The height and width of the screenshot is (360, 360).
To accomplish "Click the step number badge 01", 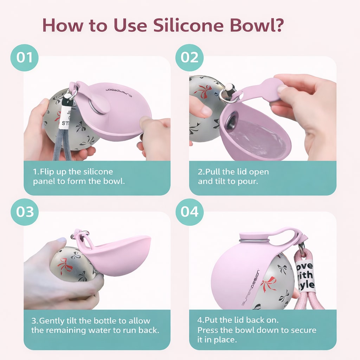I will pos(24,57).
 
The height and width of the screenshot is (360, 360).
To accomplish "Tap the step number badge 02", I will pos(189,57).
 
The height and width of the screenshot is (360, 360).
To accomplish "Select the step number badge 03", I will pos(24,212).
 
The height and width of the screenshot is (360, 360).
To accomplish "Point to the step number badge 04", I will pos(189,212).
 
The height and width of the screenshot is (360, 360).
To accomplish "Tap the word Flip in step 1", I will pos(47,172).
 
